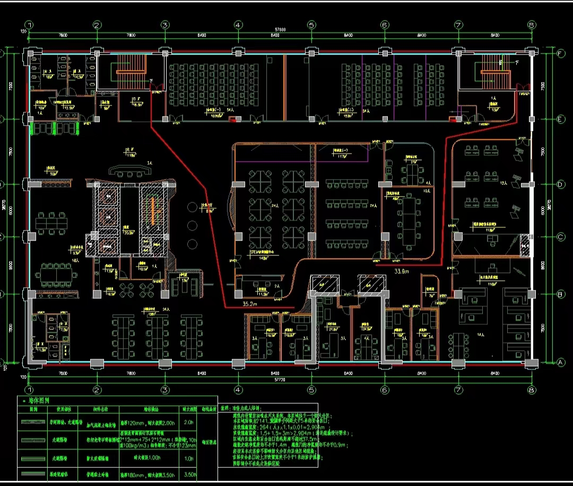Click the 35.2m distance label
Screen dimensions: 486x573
(x=249, y=305)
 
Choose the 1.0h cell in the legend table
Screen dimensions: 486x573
(x=188, y=458)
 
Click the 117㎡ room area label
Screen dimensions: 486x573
(x=340, y=156)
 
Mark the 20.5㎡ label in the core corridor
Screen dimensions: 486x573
(x=128, y=232)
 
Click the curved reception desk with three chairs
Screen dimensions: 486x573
(x=129, y=171)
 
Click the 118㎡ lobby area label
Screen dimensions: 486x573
(x=131, y=155)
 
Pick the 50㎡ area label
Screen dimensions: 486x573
(x=53, y=173)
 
